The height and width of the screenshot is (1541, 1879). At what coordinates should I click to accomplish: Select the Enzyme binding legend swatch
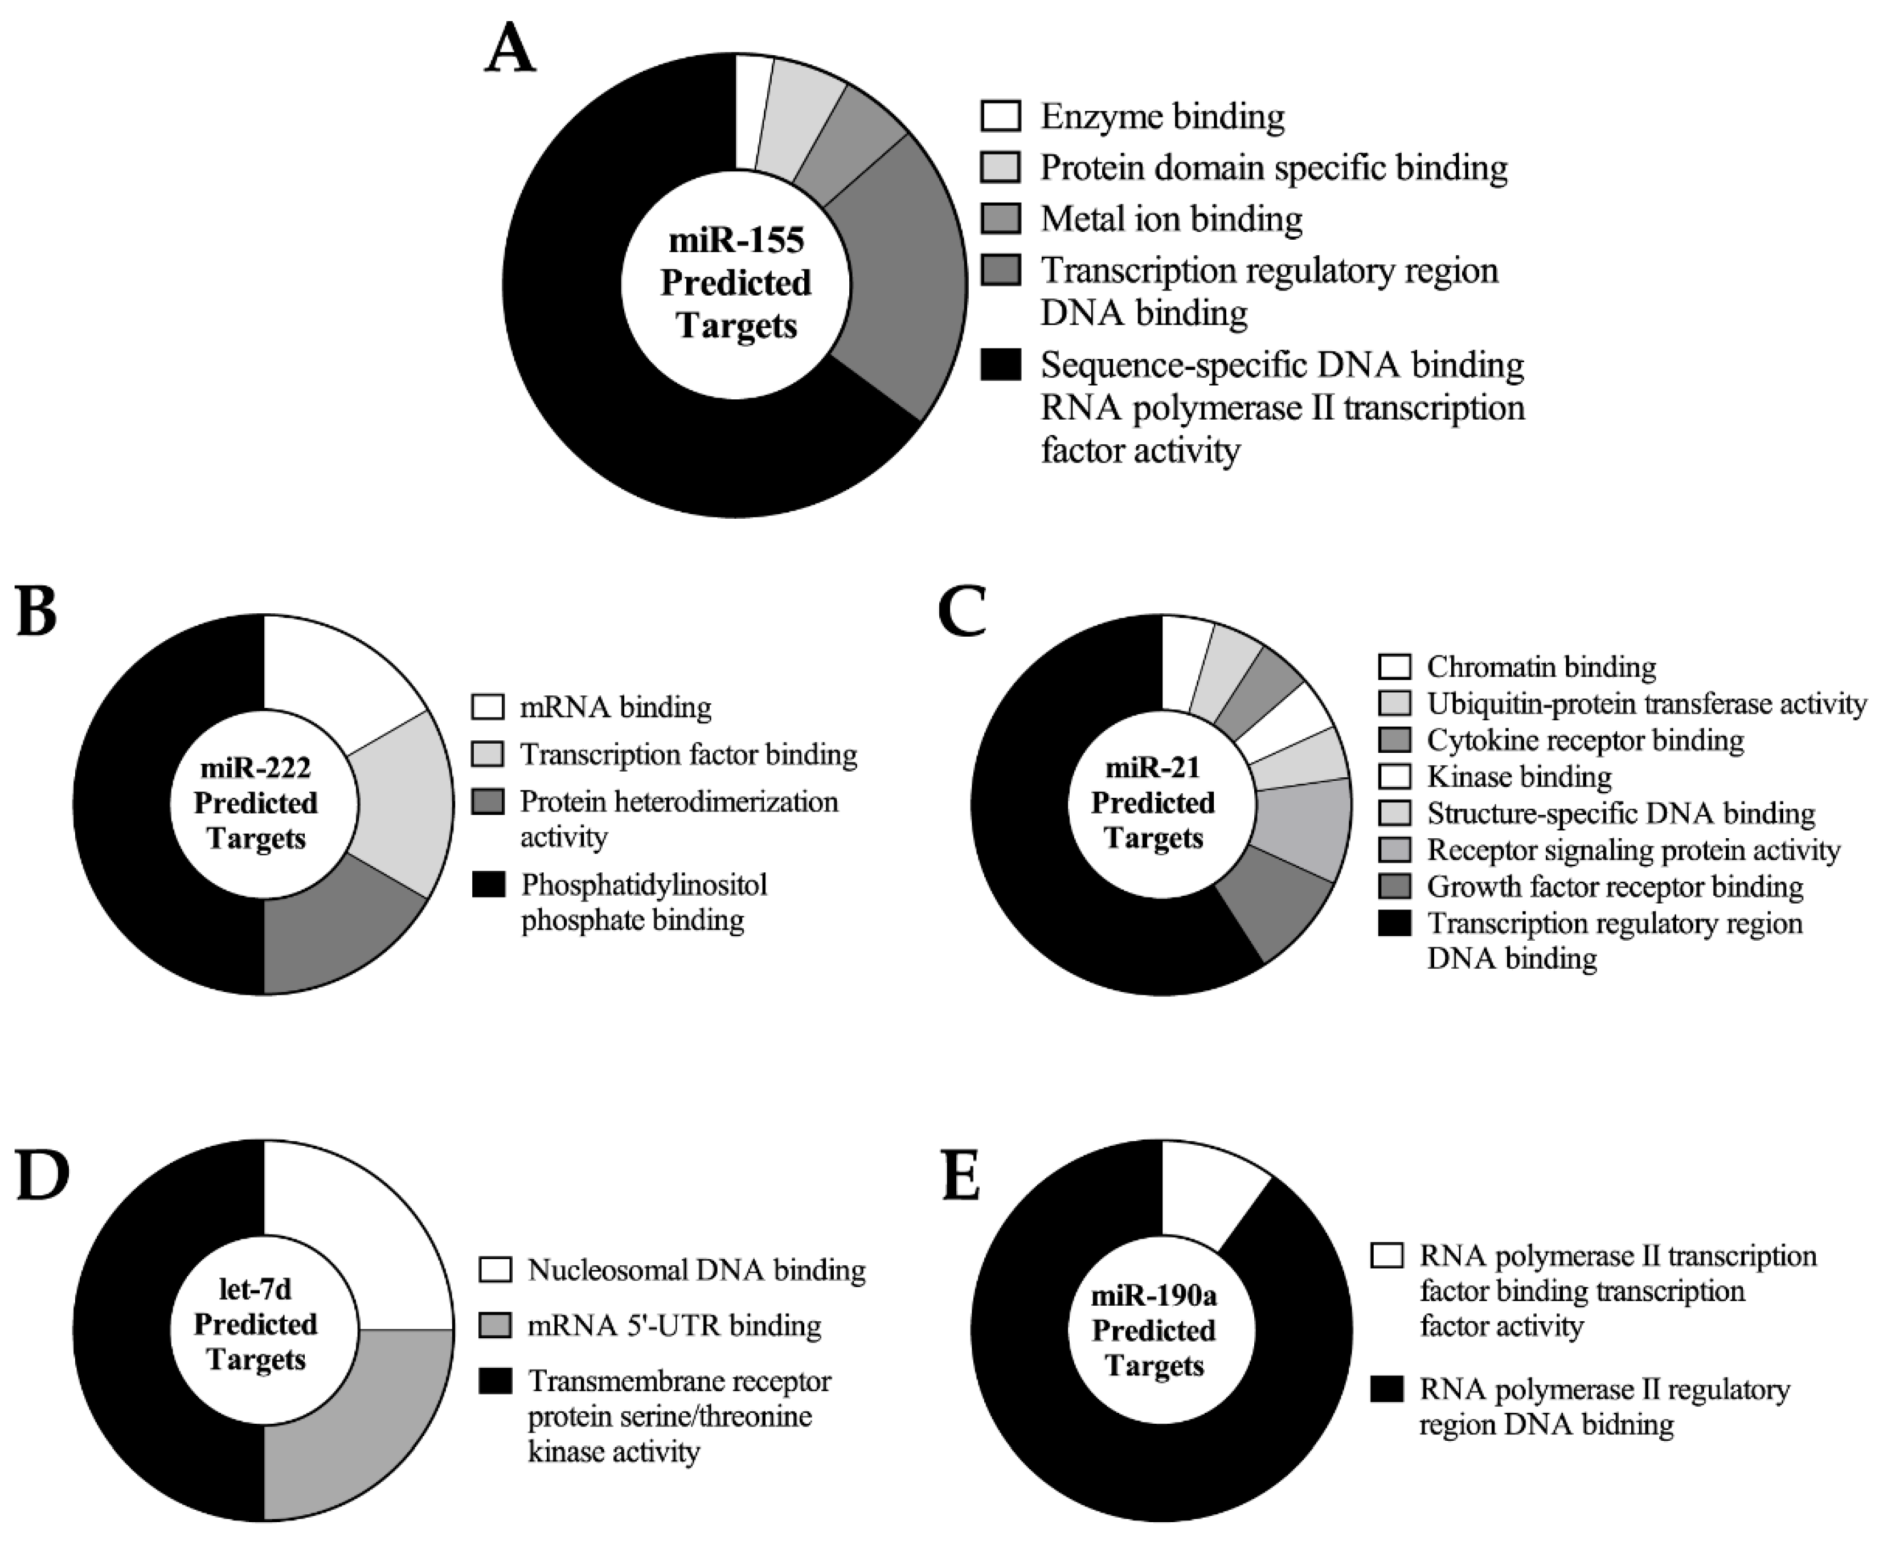click(x=1000, y=116)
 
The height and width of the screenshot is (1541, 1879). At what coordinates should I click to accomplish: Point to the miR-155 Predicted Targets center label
click(x=736, y=282)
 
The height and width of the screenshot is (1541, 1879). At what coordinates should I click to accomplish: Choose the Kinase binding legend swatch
click(x=1394, y=777)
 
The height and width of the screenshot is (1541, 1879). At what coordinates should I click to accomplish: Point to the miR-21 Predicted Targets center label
click(x=1153, y=802)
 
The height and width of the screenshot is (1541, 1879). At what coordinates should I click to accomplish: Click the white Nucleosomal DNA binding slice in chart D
click(x=355, y=1243)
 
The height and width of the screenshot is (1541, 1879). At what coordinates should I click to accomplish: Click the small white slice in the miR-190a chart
click(x=1206, y=1190)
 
